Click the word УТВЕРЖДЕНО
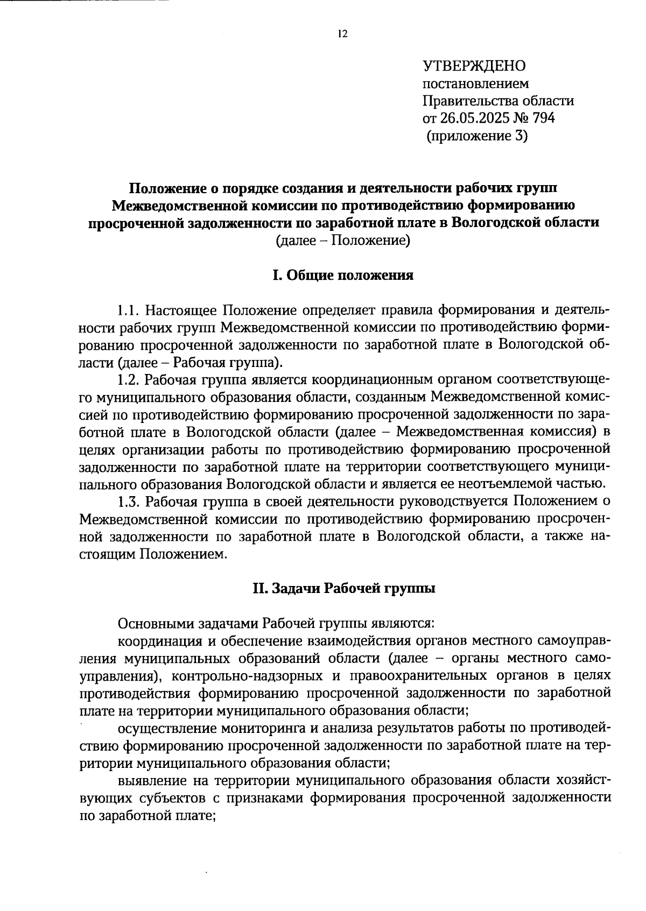pos(474,66)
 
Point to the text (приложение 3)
pos(477,136)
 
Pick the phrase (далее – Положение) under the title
pos(343,240)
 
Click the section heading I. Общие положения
pos(343,276)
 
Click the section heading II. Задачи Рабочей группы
pos(344,588)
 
